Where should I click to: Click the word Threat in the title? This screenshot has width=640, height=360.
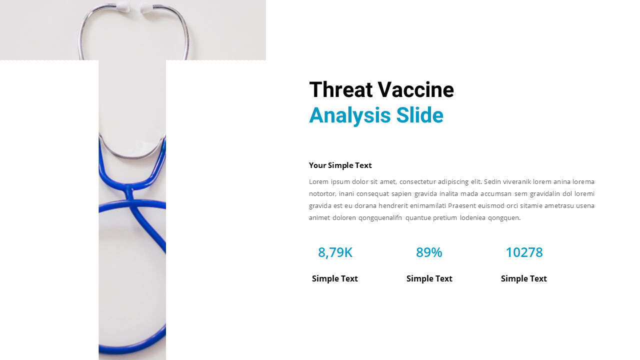pyautogui.click(x=341, y=90)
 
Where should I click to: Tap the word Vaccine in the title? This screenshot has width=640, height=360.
pyautogui.click(x=415, y=90)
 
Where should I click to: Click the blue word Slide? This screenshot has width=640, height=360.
pyautogui.click(x=419, y=115)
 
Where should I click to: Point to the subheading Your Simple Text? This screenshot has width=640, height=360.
pyautogui.click(x=340, y=165)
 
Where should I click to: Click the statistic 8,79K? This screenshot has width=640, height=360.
pyautogui.click(x=335, y=252)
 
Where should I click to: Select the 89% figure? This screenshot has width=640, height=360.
pyautogui.click(x=429, y=252)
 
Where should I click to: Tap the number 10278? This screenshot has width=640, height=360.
pyautogui.click(x=524, y=252)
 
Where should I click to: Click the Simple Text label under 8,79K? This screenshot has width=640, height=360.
pyautogui.click(x=335, y=278)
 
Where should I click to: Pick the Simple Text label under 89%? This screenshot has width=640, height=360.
pyautogui.click(x=429, y=278)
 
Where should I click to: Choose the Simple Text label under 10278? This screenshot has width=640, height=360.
pyautogui.click(x=524, y=278)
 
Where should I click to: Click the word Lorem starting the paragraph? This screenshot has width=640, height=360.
pyautogui.click(x=318, y=181)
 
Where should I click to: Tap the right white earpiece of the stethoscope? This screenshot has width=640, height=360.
pyautogui.click(x=146, y=7)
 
